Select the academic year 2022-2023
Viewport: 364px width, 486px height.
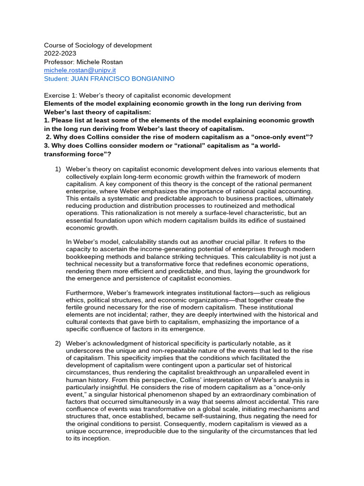pos(58,54)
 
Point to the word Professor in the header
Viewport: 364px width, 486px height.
pos(58,62)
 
